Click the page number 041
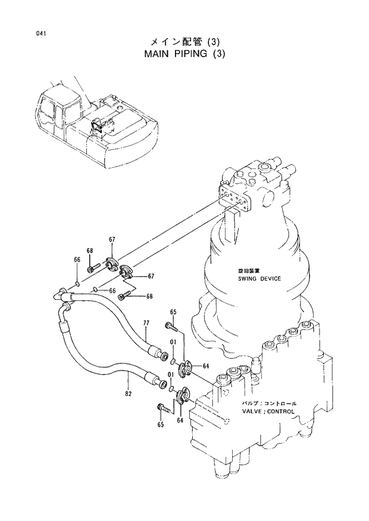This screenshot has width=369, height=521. click(40, 34)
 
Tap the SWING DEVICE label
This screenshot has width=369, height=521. click(258, 278)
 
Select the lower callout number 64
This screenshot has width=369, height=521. click(179, 420)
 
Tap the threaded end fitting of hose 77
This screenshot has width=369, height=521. click(160, 355)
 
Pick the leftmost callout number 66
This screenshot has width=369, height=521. click(77, 259)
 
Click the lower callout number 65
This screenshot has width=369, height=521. click(160, 424)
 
